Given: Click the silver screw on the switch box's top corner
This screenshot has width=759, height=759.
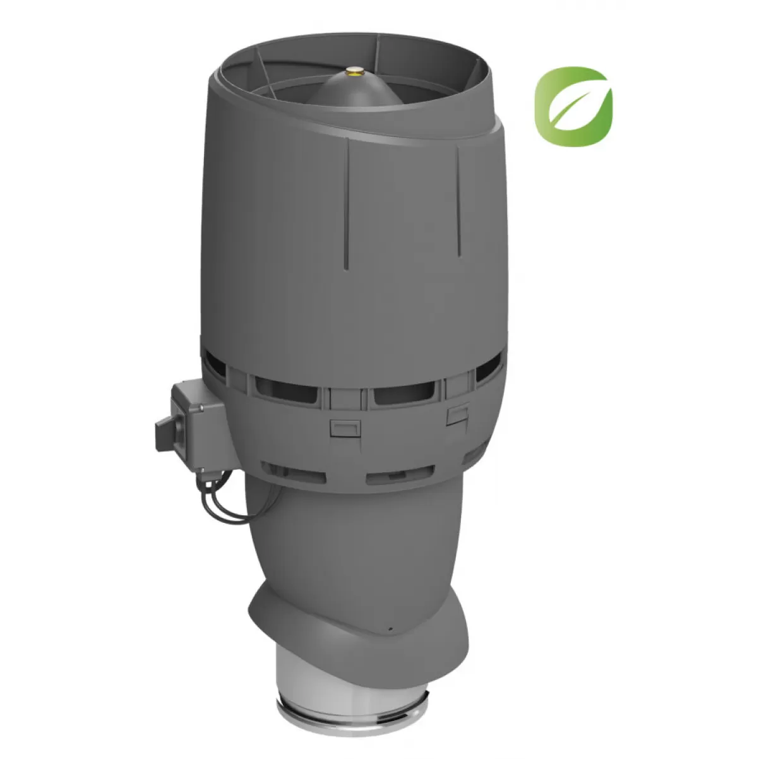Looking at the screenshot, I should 201,410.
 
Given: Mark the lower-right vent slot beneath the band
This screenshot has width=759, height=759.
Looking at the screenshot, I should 400,474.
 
